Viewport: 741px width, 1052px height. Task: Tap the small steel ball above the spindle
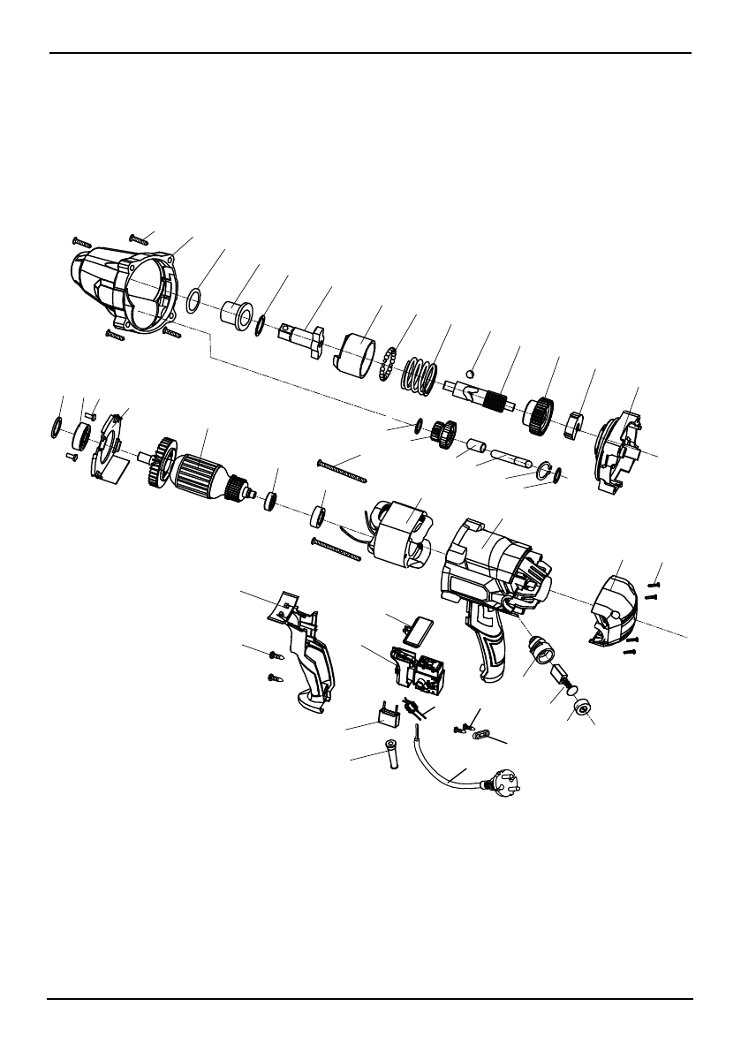(x=472, y=373)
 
